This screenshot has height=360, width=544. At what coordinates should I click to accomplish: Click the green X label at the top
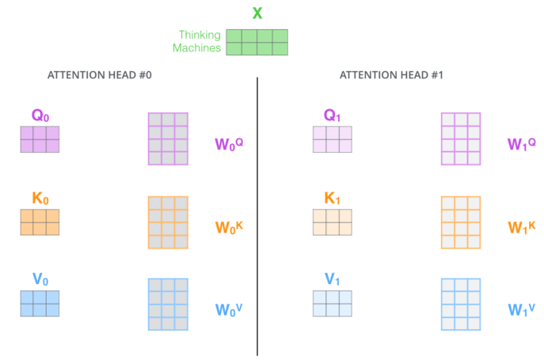(257, 13)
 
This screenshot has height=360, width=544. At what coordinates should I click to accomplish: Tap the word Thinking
(200, 36)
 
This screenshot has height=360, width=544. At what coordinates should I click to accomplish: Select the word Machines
(196, 47)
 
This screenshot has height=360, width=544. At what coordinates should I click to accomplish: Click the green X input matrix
(257, 42)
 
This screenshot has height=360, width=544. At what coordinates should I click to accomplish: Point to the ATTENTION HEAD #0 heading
(100, 75)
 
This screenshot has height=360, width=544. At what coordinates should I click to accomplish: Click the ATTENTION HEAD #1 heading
(391, 75)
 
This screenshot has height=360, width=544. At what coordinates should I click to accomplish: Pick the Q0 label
(40, 116)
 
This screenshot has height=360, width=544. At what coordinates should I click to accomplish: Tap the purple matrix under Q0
(40, 139)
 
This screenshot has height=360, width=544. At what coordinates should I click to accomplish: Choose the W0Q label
(229, 144)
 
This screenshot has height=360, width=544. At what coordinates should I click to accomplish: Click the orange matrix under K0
(40, 222)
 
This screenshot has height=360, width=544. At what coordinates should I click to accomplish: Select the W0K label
(229, 228)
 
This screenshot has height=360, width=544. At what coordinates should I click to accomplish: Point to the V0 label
(40, 279)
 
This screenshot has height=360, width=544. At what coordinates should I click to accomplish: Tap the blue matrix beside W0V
(168, 304)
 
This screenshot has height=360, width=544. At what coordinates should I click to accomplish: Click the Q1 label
(332, 116)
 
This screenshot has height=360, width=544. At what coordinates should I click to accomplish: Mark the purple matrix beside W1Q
(461, 138)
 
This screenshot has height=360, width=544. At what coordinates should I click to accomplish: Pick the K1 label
(332, 198)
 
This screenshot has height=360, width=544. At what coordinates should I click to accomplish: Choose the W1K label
(522, 228)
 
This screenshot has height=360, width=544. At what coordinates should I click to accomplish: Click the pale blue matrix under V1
(333, 304)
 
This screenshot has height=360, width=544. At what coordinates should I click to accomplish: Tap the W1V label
(522, 309)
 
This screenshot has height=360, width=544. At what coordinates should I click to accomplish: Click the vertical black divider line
(257, 217)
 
